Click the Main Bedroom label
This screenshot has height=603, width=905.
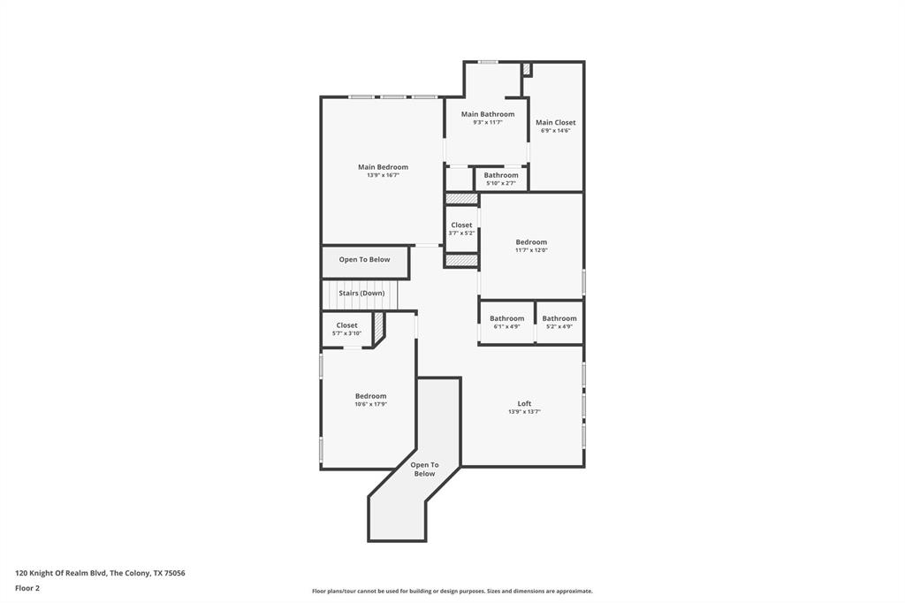click(x=383, y=167)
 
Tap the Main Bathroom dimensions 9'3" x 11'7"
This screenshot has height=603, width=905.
click(x=487, y=123)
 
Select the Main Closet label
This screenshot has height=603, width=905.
click(x=555, y=123)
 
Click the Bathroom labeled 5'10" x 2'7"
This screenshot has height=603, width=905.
click(x=501, y=175)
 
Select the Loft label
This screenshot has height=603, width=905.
click(x=524, y=403)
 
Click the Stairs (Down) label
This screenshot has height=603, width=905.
click(x=361, y=293)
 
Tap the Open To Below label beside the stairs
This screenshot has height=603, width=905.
click(x=364, y=260)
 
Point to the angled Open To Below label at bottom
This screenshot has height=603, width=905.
click(x=424, y=469)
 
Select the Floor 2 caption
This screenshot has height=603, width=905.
click(x=27, y=587)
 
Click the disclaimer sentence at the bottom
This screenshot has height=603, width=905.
click(x=452, y=591)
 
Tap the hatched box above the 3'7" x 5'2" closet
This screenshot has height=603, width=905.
click(x=461, y=199)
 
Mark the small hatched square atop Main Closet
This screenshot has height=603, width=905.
click(x=526, y=69)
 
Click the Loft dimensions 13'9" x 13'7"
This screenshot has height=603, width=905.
click(x=524, y=412)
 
